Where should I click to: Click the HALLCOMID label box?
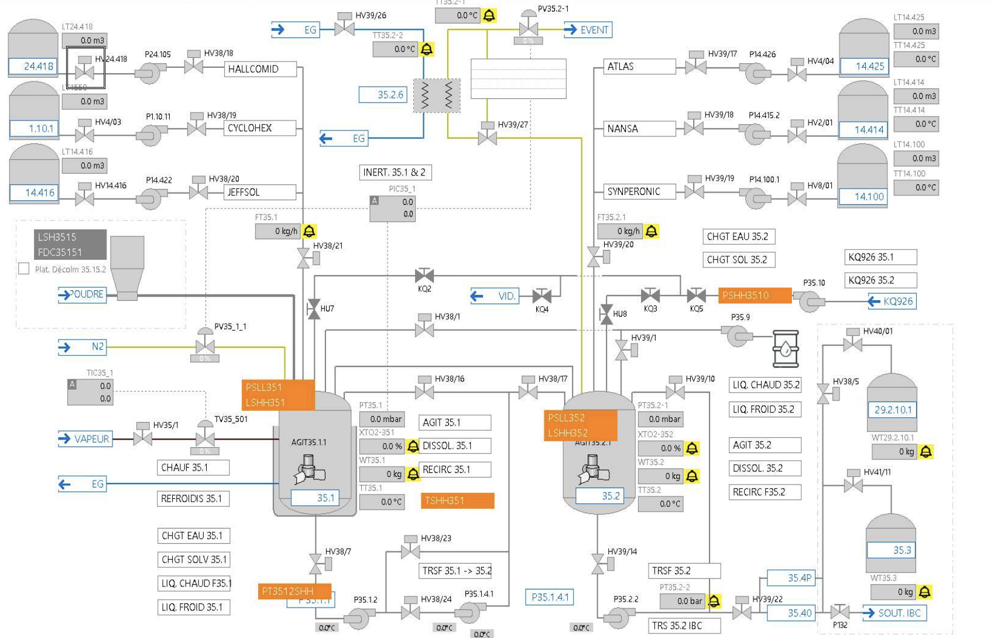(x=260, y=69)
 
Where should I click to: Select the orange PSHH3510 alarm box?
(x=755, y=296)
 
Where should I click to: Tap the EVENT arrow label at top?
(x=588, y=30)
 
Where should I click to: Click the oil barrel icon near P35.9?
(x=785, y=349)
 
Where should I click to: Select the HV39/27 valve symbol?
(x=487, y=138)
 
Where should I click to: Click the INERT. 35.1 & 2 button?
(x=395, y=173)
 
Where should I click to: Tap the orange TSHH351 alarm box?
(x=457, y=500)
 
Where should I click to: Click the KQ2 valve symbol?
(x=424, y=275)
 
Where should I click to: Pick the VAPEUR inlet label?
(x=85, y=439)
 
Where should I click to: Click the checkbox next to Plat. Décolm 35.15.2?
(x=24, y=269)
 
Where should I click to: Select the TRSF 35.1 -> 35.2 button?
(x=456, y=571)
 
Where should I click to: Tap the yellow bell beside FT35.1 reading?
(x=309, y=231)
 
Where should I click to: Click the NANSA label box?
(x=639, y=129)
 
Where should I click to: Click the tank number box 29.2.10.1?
(x=892, y=410)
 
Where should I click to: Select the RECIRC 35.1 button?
(x=454, y=469)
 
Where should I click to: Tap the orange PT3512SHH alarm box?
(x=294, y=591)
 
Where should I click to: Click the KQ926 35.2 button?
(x=880, y=280)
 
